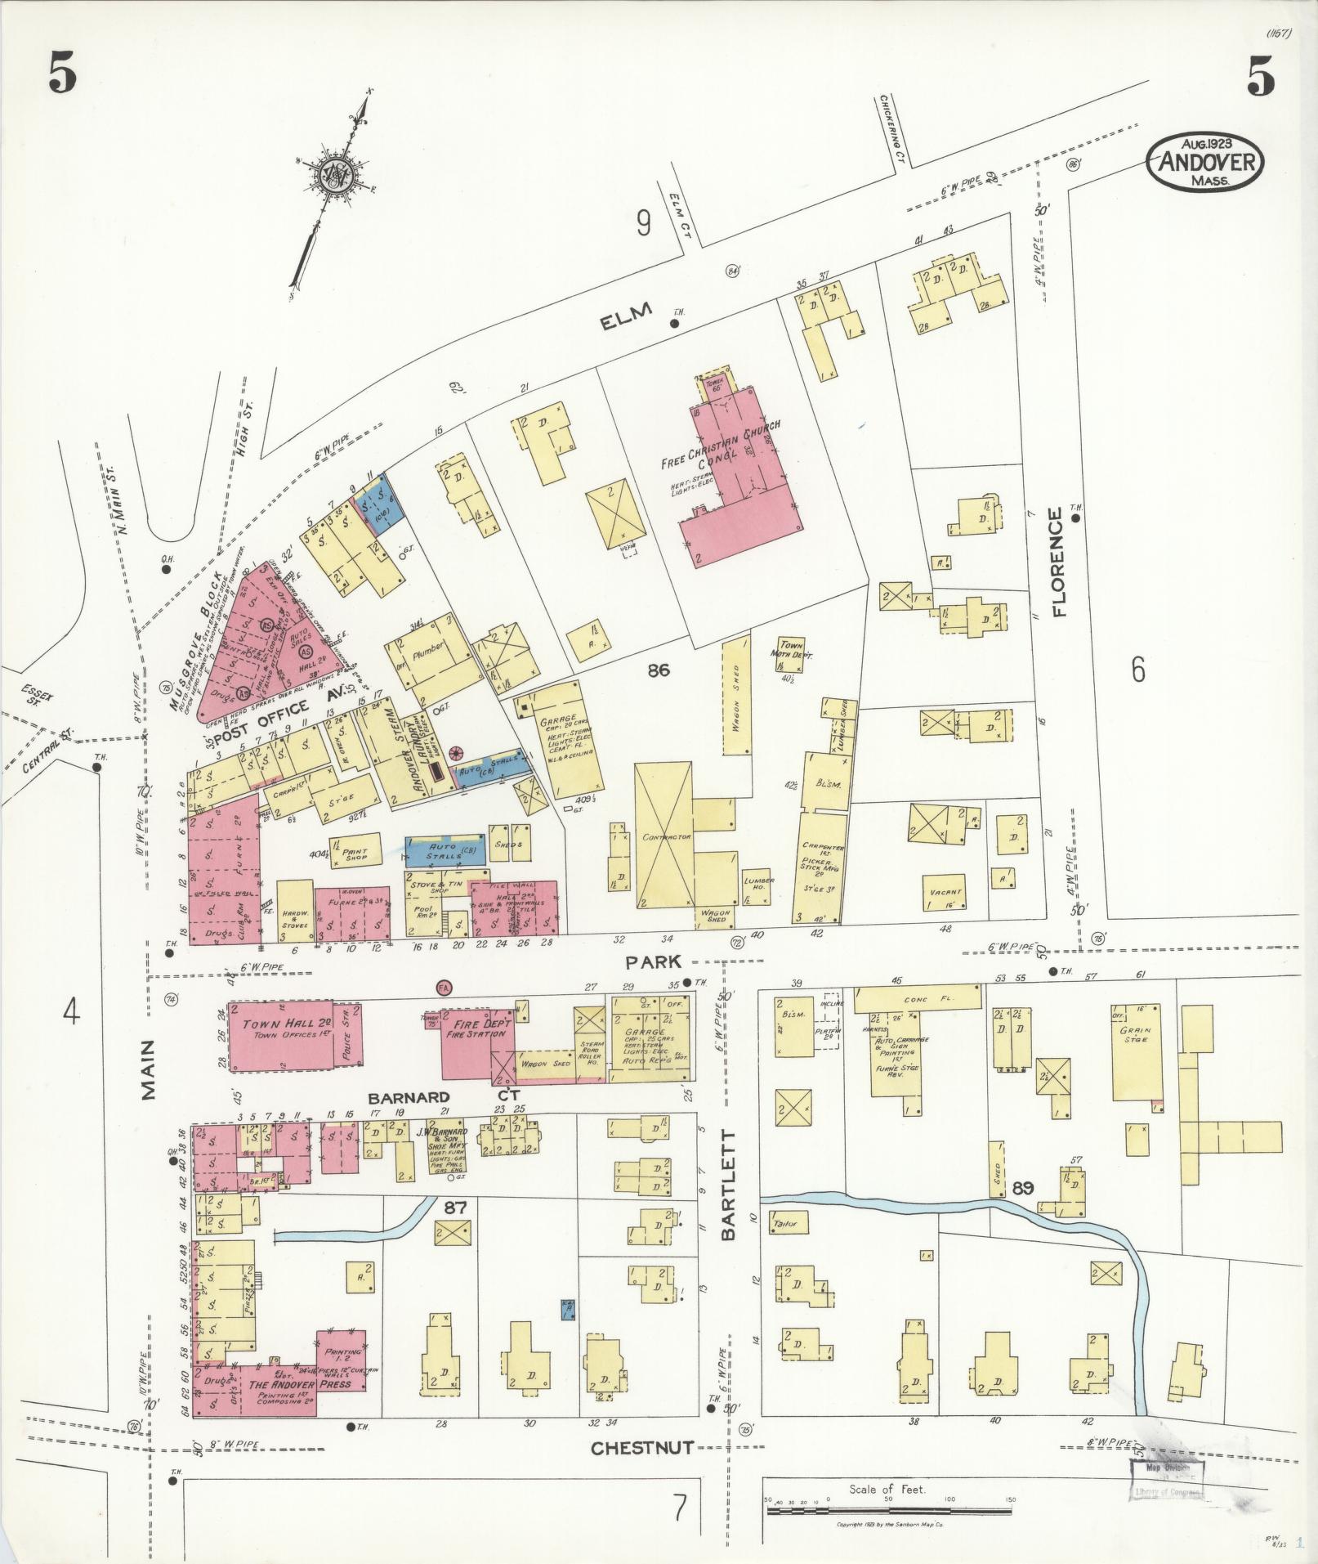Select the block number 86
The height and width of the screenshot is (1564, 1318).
(659, 670)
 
